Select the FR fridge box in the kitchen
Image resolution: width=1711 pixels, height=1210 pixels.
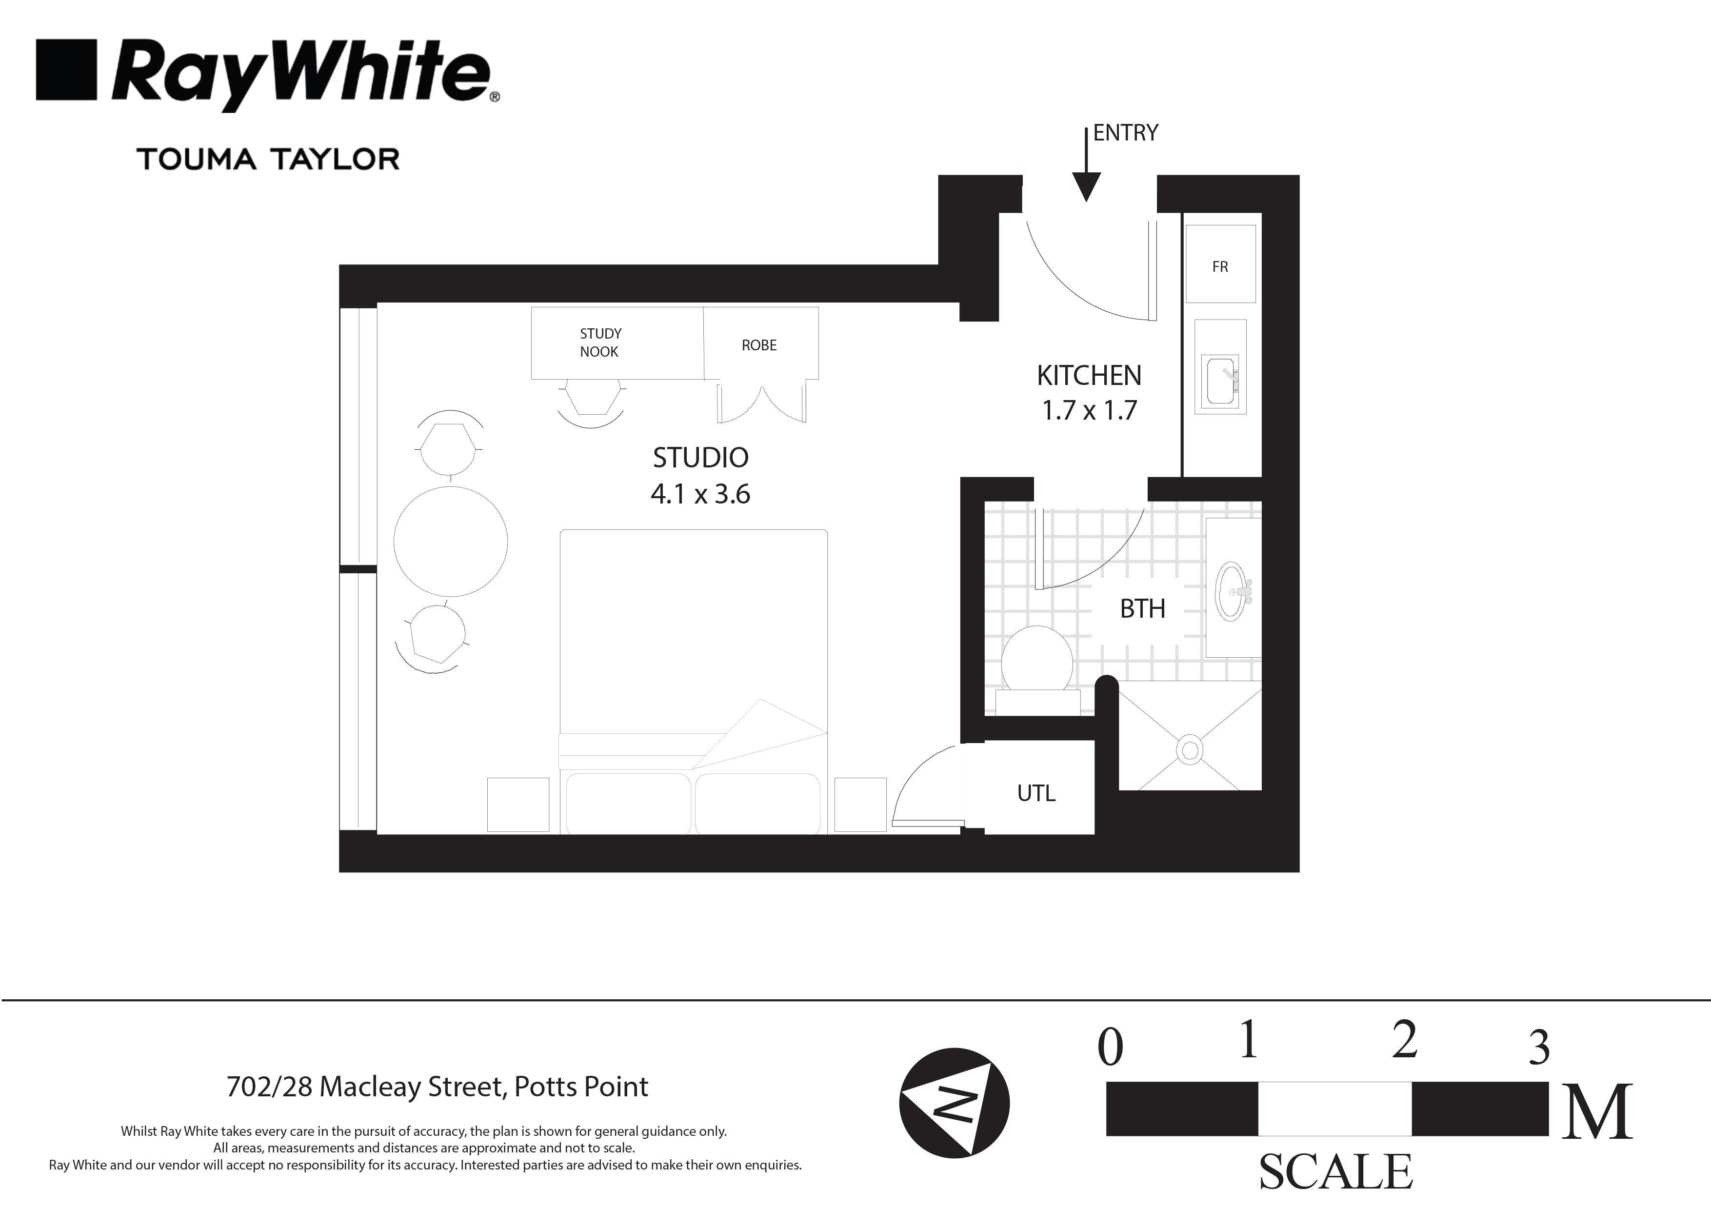tap(1220, 264)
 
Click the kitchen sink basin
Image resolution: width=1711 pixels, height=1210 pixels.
tap(1220, 381)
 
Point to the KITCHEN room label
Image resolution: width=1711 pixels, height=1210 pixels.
tap(1089, 375)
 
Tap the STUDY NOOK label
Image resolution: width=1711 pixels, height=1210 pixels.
tap(600, 342)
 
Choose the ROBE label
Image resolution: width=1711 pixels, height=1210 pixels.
tap(758, 345)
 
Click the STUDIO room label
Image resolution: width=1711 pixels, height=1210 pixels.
tap(700, 458)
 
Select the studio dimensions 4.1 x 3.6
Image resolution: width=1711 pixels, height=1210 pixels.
tap(700, 494)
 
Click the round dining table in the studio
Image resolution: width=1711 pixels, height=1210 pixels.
tap(450, 541)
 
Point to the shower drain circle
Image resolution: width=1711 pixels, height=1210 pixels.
tap(1189, 749)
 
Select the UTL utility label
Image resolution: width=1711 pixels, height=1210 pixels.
tap(1036, 793)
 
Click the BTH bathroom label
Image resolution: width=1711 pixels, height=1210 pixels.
tap(1142, 609)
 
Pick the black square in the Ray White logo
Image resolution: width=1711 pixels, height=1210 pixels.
tap(66, 69)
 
